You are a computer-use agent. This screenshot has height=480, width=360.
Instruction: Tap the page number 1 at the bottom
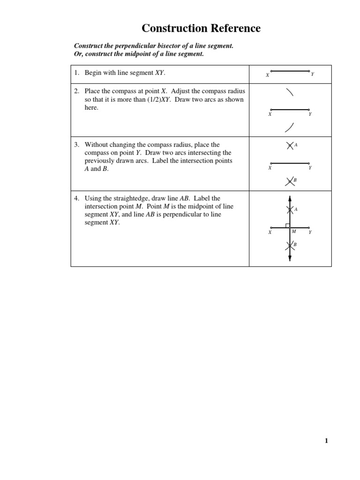(326, 440)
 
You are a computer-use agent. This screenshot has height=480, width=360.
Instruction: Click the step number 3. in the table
(77, 145)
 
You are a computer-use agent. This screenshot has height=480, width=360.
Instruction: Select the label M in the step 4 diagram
(294, 231)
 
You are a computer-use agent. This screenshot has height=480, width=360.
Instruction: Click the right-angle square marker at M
(287, 225)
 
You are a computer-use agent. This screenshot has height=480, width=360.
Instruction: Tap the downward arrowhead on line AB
(290, 258)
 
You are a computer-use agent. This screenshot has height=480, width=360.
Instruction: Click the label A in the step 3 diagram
(296, 145)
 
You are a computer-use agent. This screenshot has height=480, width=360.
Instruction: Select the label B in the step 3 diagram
(295, 180)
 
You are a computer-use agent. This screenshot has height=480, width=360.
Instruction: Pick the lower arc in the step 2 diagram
(290, 127)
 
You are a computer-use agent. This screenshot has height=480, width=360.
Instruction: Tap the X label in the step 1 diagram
(267, 75)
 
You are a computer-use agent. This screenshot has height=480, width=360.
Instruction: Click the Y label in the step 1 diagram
(313, 75)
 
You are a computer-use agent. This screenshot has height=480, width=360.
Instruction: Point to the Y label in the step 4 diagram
(310, 232)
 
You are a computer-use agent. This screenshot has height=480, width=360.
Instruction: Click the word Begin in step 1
(93, 73)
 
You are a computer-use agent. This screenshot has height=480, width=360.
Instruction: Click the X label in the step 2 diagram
(270, 114)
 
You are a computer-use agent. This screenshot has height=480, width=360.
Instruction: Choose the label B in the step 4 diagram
(295, 245)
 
